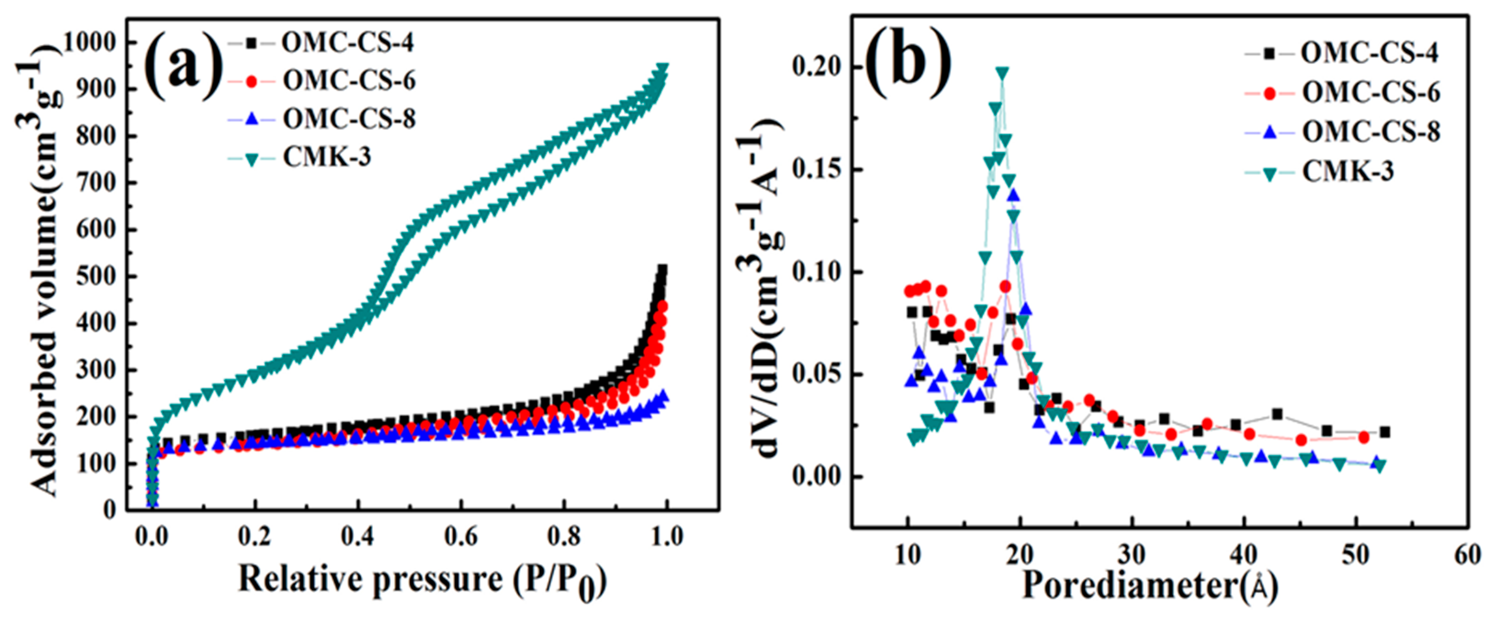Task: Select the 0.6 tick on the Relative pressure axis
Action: point(461,537)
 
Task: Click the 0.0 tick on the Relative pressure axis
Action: point(152,537)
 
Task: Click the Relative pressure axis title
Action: point(422,580)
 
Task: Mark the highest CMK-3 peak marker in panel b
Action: point(1002,73)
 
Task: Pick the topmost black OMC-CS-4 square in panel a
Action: point(662,270)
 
